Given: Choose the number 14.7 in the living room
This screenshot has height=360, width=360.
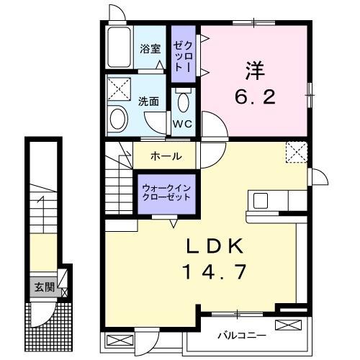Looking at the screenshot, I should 213,272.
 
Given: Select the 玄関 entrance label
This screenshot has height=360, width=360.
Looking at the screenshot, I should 43,287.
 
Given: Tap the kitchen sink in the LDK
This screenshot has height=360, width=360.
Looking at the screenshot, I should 260,200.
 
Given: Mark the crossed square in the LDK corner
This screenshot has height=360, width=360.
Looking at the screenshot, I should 295,152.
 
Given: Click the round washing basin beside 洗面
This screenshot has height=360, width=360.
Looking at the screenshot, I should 117,119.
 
